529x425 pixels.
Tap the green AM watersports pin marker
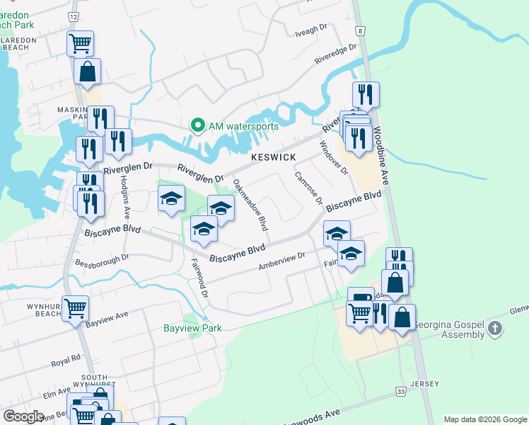[197, 126]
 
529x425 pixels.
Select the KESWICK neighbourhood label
[272, 157]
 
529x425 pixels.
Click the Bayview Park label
[193, 328]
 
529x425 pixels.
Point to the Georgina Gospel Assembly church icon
[494, 328]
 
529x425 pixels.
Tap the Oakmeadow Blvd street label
[250, 205]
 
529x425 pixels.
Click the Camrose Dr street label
[308, 188]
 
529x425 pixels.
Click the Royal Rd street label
[66, 361]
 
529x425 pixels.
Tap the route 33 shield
[400, 391]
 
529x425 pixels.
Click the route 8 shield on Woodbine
[360, 30]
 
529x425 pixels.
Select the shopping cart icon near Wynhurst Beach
[76, 308]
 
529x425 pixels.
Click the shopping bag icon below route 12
[88, 71]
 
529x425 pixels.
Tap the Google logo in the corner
[23, 416]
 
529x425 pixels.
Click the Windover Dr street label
[332, 158]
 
